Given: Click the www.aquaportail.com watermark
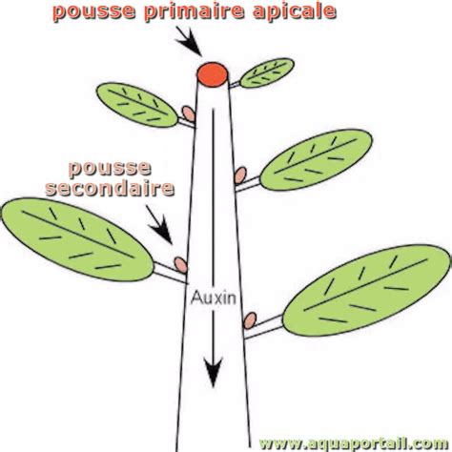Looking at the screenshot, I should click(353, 442).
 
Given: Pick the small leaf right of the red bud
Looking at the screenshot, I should click(266, 72).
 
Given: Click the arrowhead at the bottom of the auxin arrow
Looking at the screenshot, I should click(213, 366).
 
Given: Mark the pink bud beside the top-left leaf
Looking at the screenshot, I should click(190, 114).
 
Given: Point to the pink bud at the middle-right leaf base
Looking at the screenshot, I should click(241, 176).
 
